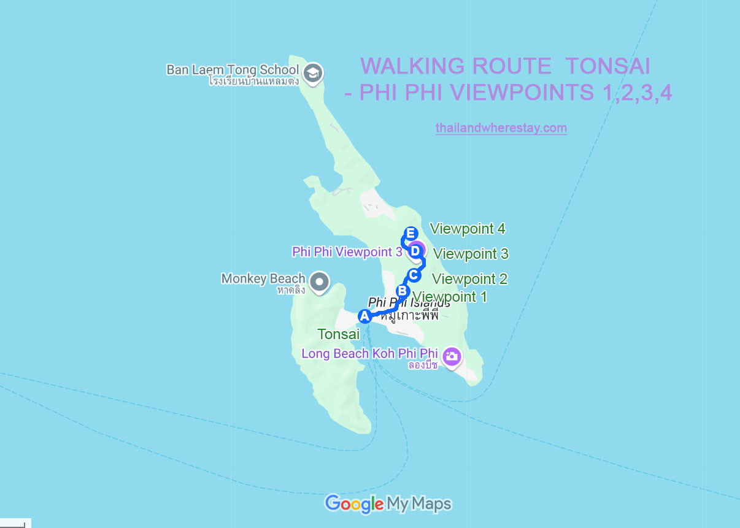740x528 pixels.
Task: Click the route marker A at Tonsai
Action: [x=364, y=316]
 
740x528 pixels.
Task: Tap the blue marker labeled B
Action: [x=403, y=291]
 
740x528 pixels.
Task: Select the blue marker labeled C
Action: [x=414, y=275]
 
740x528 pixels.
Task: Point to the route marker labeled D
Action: [x=415, y=250]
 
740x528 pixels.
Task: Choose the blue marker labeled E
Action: [x=410, y=234]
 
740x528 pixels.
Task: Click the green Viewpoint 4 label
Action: [x=468, y=229]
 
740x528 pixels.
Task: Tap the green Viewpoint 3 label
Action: [x=471, y=253]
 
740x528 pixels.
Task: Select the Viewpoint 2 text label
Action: [x=469, y=279]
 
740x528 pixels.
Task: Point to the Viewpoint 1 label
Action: [x=450, y=297]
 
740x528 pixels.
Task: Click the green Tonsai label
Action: [x=338, y=334]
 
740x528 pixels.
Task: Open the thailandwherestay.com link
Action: [x=501, y=128]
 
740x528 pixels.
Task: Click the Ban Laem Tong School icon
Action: [x=314, y=72]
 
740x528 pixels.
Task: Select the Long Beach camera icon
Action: [x=452, y=356]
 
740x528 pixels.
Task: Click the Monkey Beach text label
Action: [x=263, y=279]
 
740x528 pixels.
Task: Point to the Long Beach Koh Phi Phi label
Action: [x=369, y=354]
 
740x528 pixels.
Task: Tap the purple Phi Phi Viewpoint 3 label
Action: [x=347, y=251]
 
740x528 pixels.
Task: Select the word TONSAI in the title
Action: [x=607, y=66]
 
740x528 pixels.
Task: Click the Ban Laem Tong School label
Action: [x=233, y=70]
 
